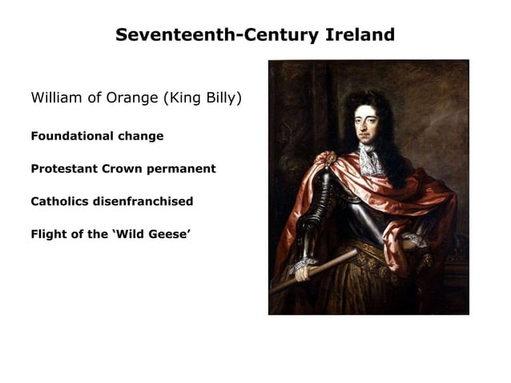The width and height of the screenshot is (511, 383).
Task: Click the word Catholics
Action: (60, 201)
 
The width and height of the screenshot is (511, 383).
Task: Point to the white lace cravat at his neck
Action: (369, 160)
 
